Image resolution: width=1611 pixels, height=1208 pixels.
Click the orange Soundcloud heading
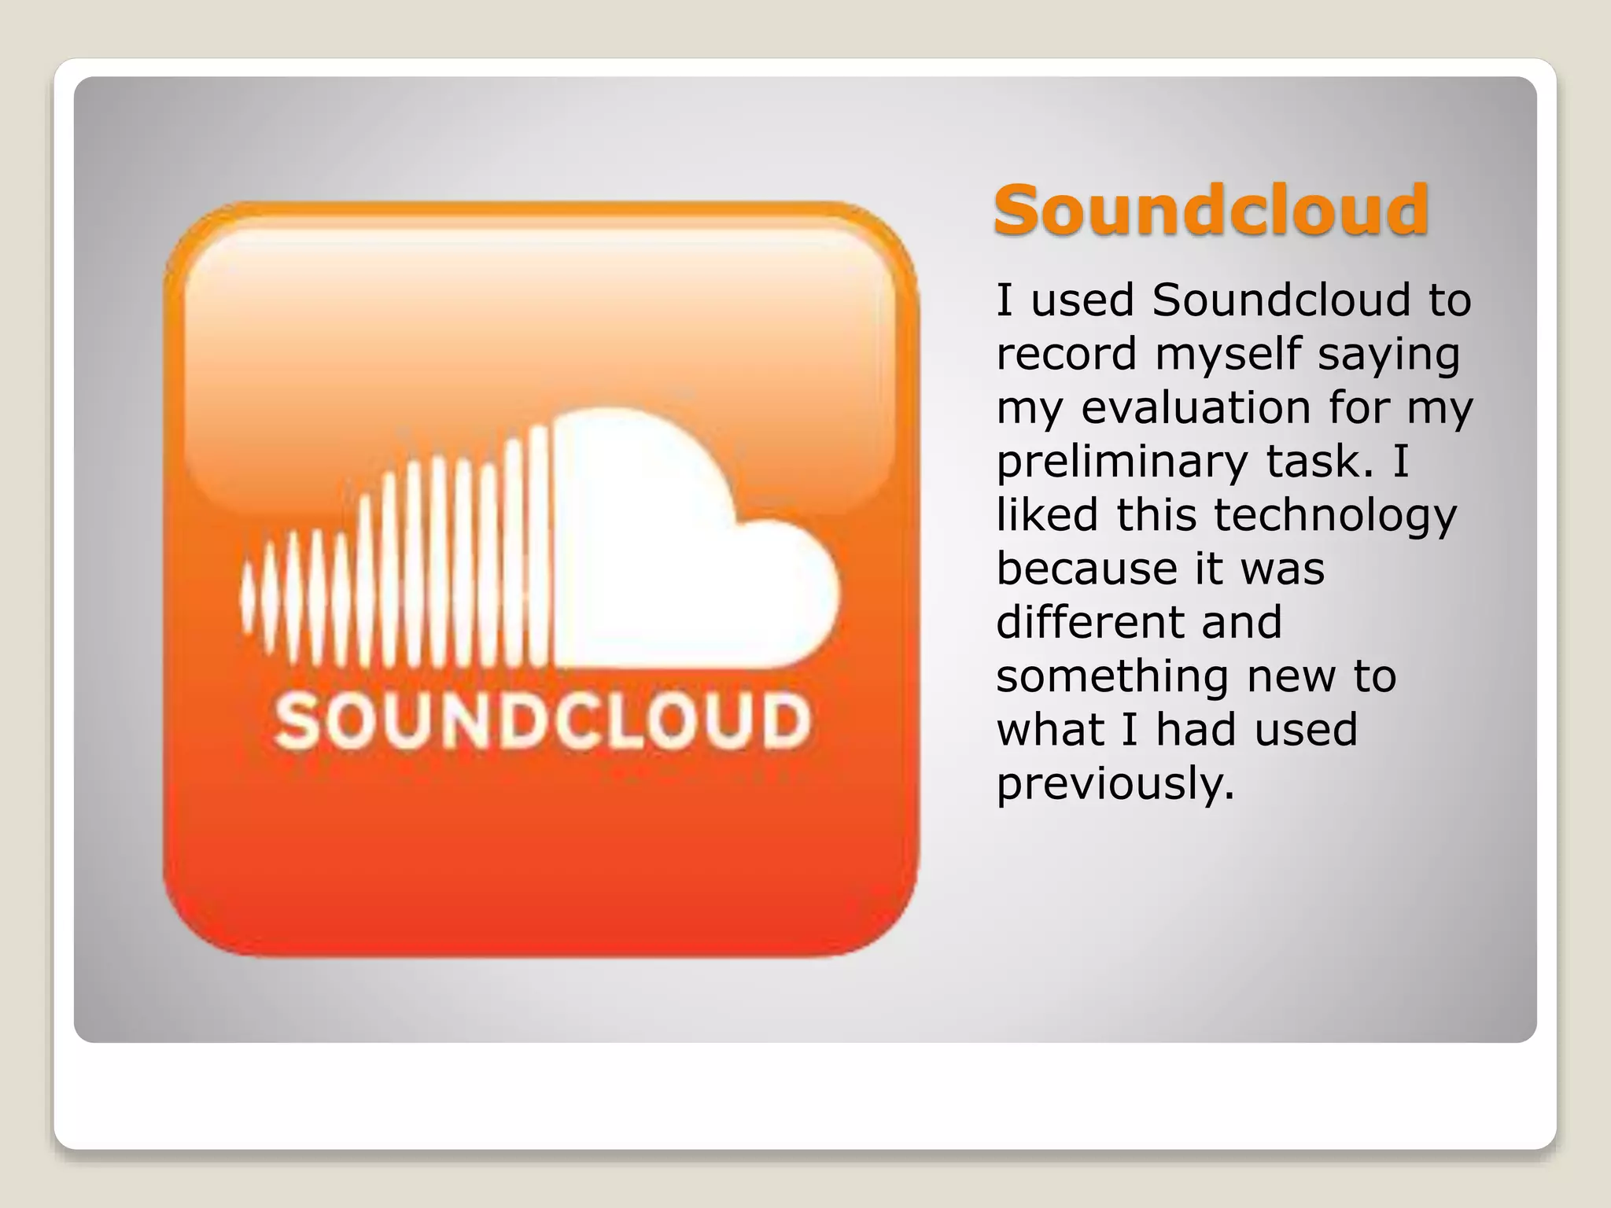(1211, 210)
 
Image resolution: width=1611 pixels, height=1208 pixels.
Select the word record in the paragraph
(1067, 354)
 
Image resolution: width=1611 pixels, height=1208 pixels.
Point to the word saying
(1389, 355)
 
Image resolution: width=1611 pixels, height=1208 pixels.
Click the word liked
(1047, 515)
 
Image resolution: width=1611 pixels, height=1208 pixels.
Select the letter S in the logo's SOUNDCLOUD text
(297, 721)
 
